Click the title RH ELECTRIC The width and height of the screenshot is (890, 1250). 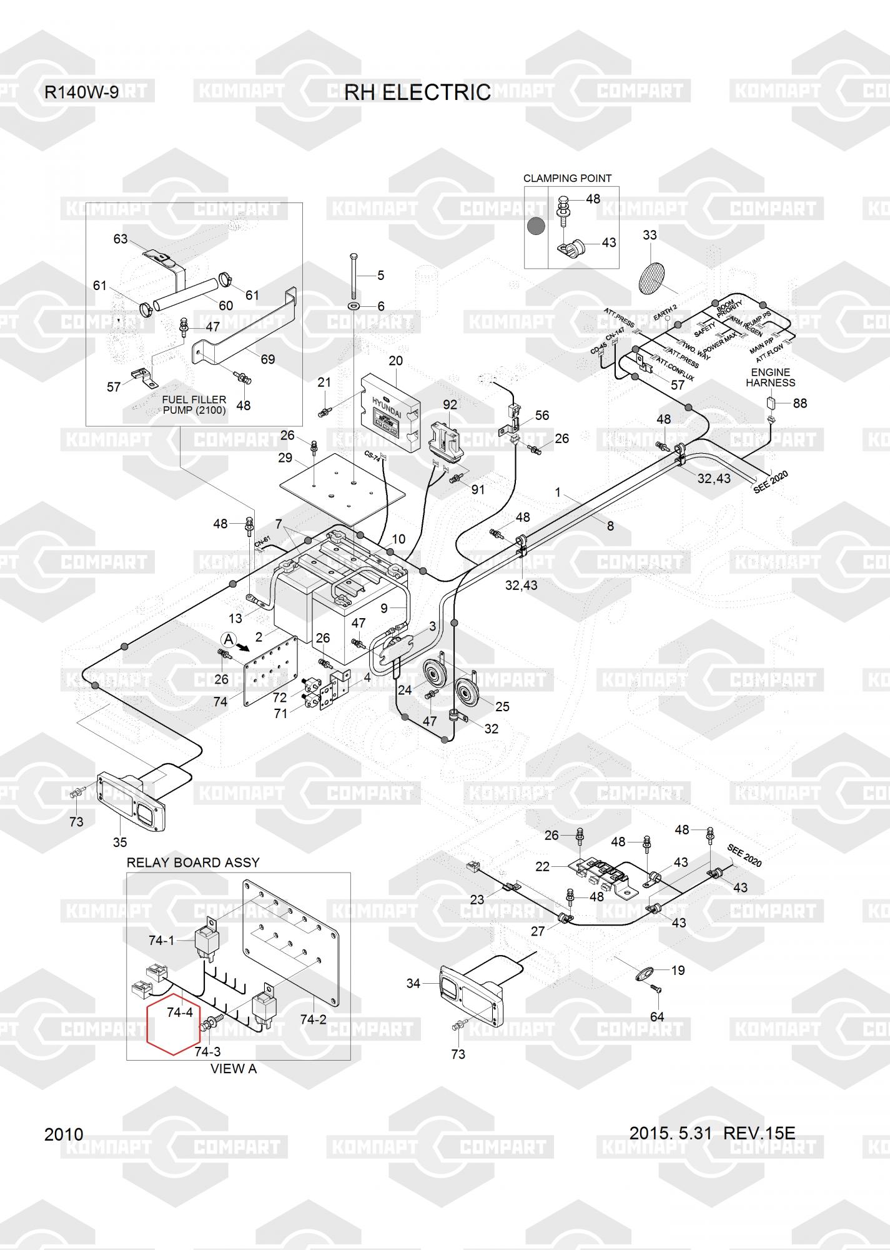(417, 92)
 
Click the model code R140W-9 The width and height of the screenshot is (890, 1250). (81, 92)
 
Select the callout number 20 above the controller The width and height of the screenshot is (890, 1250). (395, 361)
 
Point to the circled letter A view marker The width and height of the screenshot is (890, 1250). (229, 639)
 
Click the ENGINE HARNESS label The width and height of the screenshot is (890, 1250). (771, 377)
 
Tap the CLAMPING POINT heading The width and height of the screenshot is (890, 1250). (567, 178)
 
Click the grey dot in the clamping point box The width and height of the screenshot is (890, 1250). (536, 226)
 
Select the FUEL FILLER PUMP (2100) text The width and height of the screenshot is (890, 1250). (194, 405)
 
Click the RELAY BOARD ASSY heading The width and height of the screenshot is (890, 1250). (193, 862)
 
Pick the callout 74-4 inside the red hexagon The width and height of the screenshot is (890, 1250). (180, 1012)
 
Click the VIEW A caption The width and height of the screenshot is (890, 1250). (233, 1068)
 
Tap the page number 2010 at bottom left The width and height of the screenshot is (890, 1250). (64, 1134)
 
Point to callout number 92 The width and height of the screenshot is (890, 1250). (450, 404)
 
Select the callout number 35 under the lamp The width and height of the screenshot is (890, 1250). (120, 842)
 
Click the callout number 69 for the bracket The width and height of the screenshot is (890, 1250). (267, 359)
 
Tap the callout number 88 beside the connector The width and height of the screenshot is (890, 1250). (800, 403)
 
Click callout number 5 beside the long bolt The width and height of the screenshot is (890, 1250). (381, 275)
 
